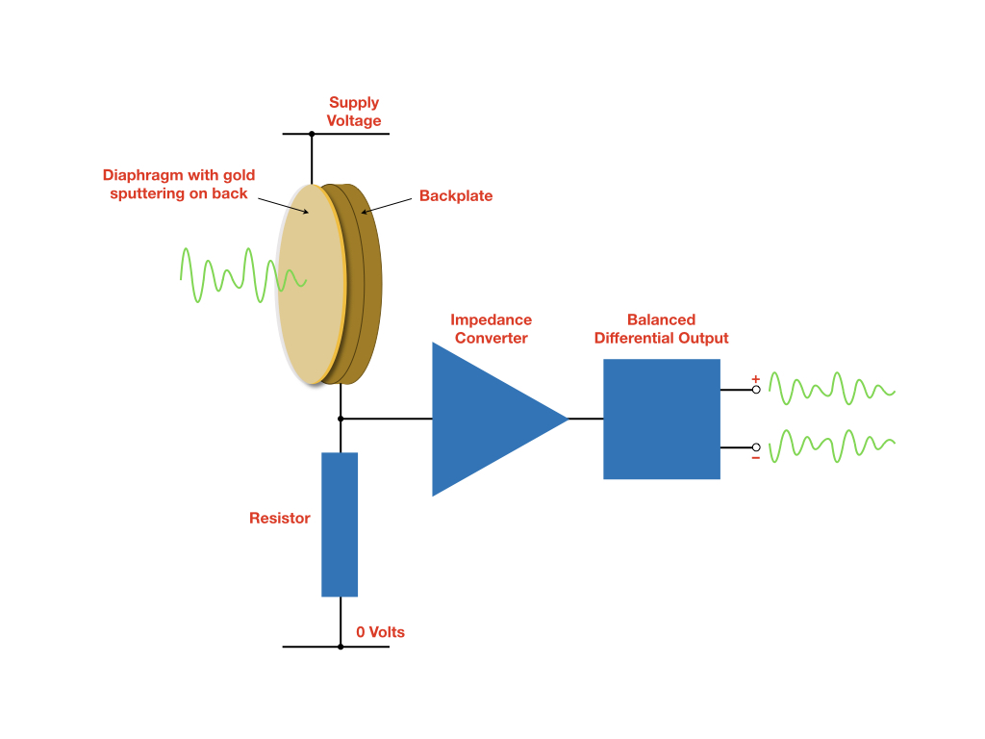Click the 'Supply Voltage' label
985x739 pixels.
coord(354,112)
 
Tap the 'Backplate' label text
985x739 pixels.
coord(455,196)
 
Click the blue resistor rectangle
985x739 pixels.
coord(340,524)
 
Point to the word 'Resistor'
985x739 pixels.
coord(280,518)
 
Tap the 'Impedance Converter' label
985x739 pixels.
coord(491,329)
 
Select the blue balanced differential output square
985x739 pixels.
coord(662,419)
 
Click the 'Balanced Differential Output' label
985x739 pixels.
coord(661,329)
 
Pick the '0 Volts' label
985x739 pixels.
coord(380,632)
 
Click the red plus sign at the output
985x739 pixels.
coord(755,378)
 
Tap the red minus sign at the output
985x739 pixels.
coord(755,458)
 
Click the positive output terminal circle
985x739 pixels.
coord(756,390)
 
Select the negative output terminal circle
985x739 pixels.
coord(756,447)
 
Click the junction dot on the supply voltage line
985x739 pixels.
coord(312,134)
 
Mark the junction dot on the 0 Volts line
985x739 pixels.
coord(340,647)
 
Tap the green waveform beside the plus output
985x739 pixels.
coord(832,389)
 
